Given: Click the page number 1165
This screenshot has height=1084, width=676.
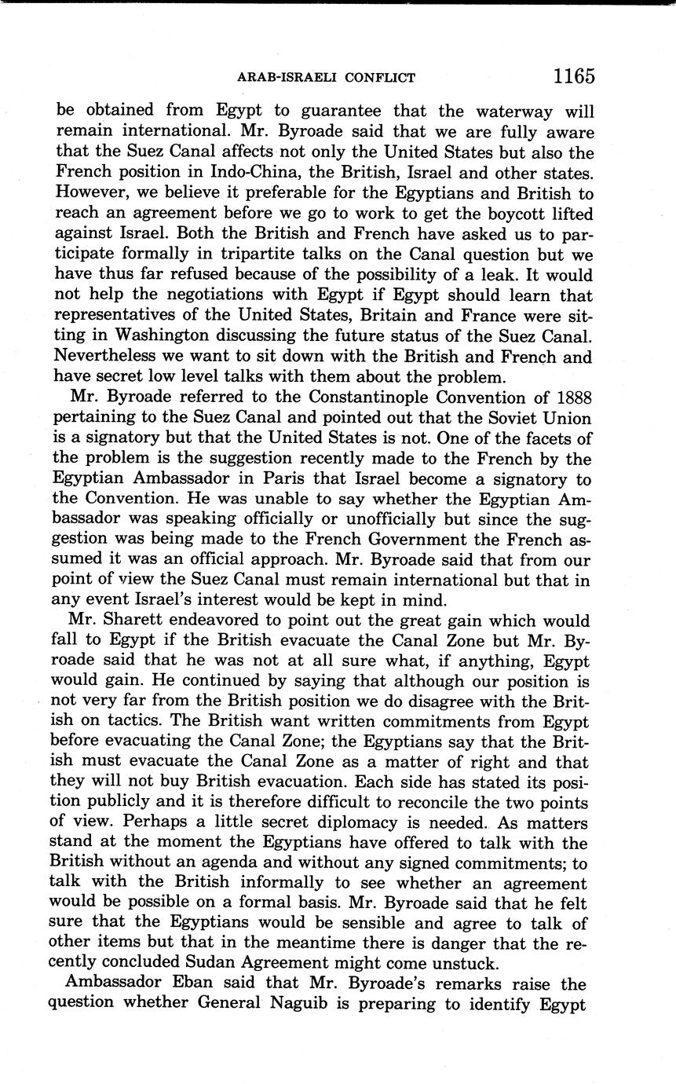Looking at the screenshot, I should point(574,76).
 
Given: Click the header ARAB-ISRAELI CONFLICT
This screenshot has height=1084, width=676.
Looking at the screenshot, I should point(326,78).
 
